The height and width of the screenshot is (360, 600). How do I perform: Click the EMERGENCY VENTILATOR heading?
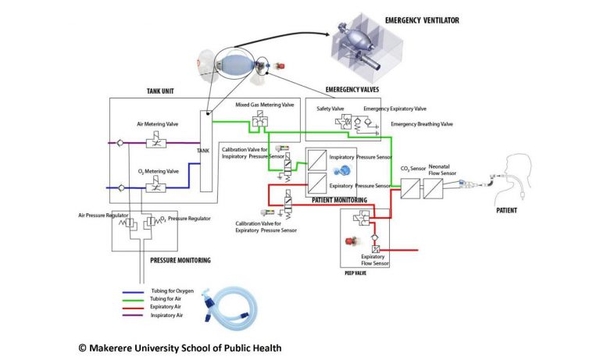pyautogui.click(x=422, y=20)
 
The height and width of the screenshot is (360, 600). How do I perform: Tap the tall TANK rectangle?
pyautogui.click(x=206, y=151)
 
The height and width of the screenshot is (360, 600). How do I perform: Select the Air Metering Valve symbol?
pyautogui.click(x=156, y=141)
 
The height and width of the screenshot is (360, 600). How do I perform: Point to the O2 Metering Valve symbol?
pyautogui.click(x=156, y=185)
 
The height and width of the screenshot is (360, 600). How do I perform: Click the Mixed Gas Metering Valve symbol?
pyautogui.click(x=260, y=119)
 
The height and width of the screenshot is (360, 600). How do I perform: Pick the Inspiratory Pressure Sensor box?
pyautogui.click(x=317, y=160)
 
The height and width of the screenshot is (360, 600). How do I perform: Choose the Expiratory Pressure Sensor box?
pyautogui.click(x=317, y=184)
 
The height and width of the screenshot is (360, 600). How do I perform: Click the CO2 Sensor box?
pyautogui.click(x=410, y=189)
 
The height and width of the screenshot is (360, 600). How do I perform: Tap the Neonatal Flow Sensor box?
pyautogui.click(x=433, y=189)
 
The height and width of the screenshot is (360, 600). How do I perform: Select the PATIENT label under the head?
pyautogui.click(x=506, y=210)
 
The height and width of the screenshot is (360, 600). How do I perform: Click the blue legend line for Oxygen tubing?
pyautogui.click(x=133, y=292)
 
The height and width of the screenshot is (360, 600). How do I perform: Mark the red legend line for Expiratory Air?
pyautogui.click(x=133, y=308)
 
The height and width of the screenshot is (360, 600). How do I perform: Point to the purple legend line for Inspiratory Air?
pyautogui.click(x=133, y=315)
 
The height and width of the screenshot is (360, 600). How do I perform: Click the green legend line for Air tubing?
pyautogui.click(x=133, y=300)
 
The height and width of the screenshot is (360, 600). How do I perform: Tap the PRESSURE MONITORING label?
pyautogui.click(x=180, y=261)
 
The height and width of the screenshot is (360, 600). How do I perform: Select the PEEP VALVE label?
pyautogui.click(x=355, y=273)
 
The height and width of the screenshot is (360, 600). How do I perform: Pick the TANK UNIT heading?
pyautogui.click(x=160, y=91)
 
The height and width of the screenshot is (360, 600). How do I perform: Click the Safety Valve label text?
pyautogui.click(x=330, y=109)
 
